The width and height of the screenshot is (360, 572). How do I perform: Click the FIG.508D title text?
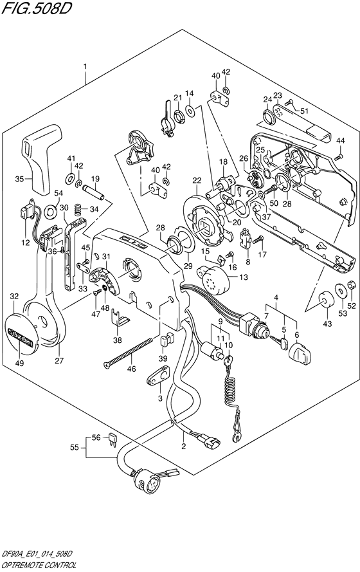click(x=35, y=8)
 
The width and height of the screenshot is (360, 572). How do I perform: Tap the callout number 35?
click(x=19, y=179)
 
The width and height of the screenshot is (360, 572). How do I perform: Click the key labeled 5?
click(x=279, y=342)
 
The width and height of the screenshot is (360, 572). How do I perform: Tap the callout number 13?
click(x=244, y=277)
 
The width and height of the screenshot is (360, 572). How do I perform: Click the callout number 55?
click(x=75, y=447)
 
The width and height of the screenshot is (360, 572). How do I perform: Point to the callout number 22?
click(x=197, y=180)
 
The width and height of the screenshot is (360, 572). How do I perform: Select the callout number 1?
click(x=85, y=66)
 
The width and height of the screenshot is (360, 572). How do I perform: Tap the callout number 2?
click(x=184, y=446)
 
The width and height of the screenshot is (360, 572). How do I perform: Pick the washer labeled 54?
click(x=50, y=210)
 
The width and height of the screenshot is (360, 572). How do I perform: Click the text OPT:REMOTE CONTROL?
click(x=39, y=566)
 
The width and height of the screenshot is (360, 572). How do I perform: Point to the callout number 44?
click(x=340, y=140)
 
